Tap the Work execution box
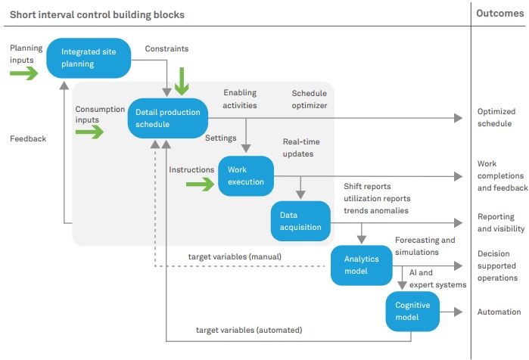[246, 175]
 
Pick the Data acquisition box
[300, 221]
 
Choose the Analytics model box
[361, 265]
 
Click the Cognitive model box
[412, 311]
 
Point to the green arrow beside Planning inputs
[23, 73]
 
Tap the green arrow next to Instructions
[201, 183]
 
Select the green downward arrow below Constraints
[181, 81]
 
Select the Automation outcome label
[499, 312]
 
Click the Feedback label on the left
[28, 138]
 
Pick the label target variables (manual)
[235, 257]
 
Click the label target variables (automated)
[249, 330]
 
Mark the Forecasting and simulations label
[425, 247]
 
